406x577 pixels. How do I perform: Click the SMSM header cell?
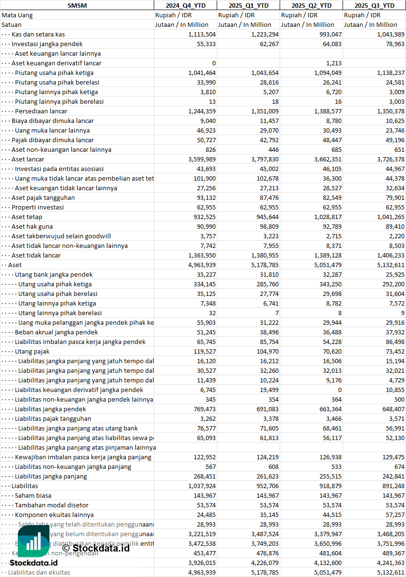coord(77,5)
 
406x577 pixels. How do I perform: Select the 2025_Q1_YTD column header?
coord(248,5)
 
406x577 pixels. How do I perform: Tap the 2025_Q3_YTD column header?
coord(374,5)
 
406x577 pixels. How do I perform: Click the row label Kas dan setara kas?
coord(38,34)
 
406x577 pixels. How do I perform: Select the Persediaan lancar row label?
coord(41,111)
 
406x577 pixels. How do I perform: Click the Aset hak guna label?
coord(32,226)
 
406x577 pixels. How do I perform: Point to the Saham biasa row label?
coord(33,495)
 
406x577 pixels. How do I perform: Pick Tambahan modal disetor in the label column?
coord(51,505)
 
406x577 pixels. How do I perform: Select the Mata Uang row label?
coord(17,15)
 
